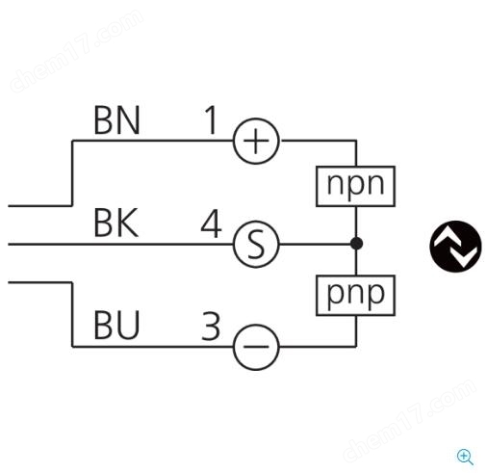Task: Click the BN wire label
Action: (x=116, y=120)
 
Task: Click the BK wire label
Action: (x=116, y=223)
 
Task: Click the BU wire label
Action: (x=116, y=325)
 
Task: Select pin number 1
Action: (x=211, y=120)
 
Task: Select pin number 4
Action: (x=211, y=223)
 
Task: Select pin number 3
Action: (x=211, y=327)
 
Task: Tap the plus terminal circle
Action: (x=256, y=141)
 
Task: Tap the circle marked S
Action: (x=256, y=245)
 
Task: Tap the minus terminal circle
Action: (x=256, y=347)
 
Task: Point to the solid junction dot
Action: (x=356, y=244)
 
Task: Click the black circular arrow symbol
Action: (x=455, y=247)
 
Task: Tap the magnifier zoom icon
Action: (x=465, y=457)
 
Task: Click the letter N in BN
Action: (x=128, y=120)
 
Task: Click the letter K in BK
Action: (x=128, y=223)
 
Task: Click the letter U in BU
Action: (x=128, y=325)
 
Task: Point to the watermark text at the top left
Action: (x=76, y=51)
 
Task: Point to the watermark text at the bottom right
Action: (x=409, y=421)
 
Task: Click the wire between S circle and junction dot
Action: (x=315, y=244)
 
